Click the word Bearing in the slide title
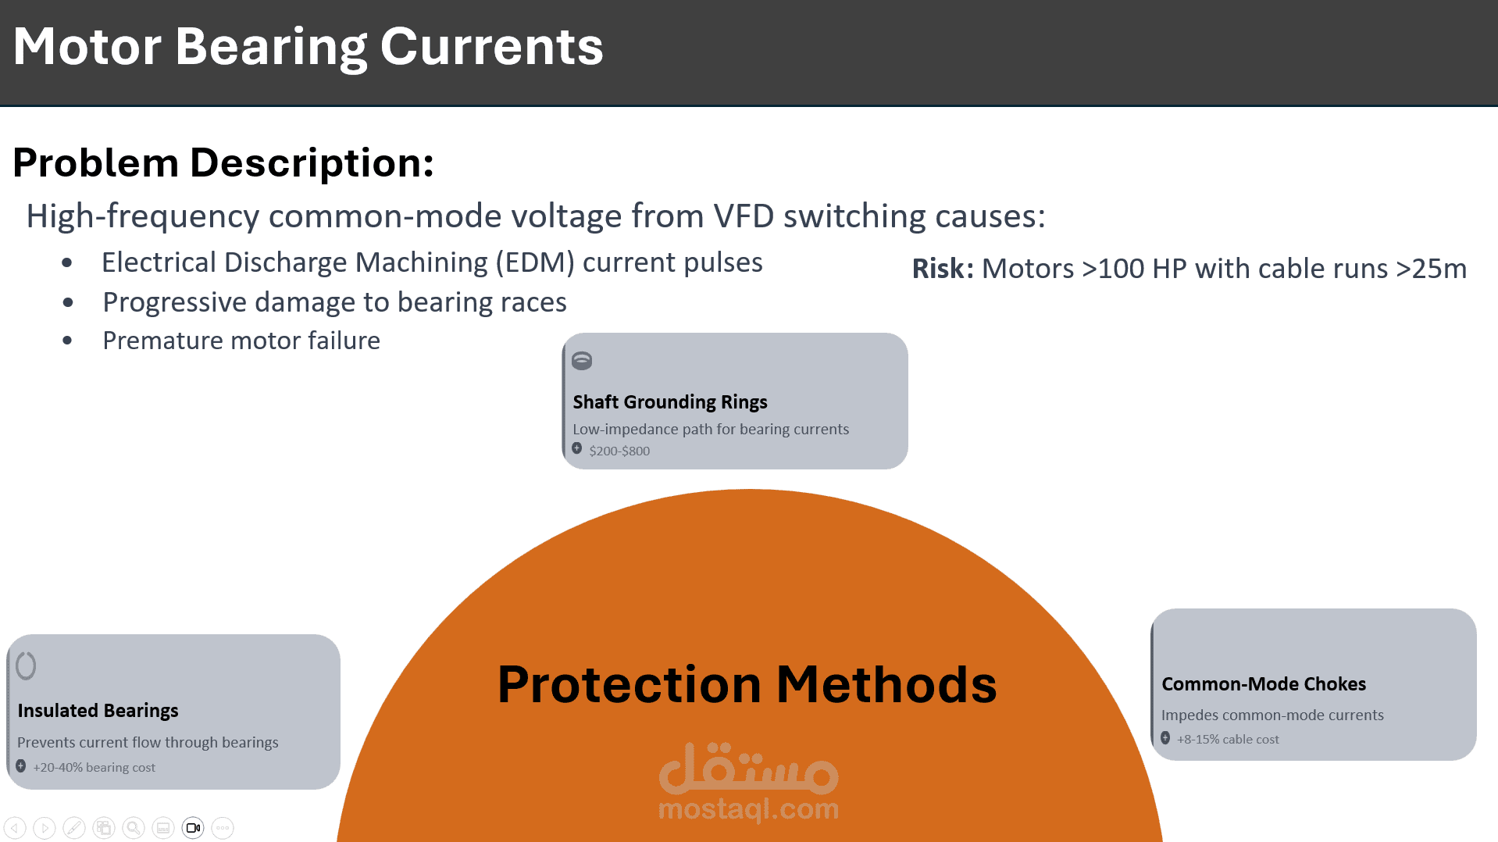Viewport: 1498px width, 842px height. point(271,47)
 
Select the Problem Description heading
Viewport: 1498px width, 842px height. point(223,162)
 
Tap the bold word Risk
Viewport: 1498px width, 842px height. point(943,268)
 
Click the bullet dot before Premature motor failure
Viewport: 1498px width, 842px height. point(67,341)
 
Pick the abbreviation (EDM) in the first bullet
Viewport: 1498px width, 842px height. point(535,262)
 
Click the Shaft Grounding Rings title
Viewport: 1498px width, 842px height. point(670,401)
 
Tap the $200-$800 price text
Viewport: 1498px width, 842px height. point(619,451)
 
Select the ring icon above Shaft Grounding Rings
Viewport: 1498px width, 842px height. point(582,360)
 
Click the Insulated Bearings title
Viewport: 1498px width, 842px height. point(98,710)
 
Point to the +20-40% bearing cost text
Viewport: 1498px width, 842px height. point(94,767)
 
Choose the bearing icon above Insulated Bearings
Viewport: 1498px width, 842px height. point(26,665)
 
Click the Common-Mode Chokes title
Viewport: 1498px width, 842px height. point(1264,683)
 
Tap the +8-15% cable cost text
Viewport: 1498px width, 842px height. point(1228,739)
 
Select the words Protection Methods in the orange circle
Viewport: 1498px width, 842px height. point(747,684)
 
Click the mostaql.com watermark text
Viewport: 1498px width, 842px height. point(748,808)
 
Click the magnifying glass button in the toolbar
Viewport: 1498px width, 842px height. point(134,828)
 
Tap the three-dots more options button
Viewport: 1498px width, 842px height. point(223,828)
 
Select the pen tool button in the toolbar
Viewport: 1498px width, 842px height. point(74,828)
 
